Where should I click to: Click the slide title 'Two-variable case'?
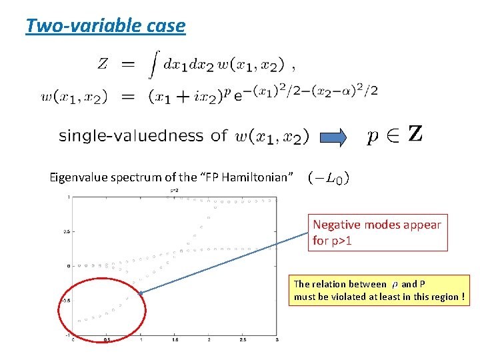point(105,26)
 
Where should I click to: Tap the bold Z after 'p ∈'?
point(414,135)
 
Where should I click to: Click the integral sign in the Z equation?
point(153,65)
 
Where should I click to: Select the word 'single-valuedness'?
point(131,136)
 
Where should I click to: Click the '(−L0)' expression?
point(329,178)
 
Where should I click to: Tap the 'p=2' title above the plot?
point(175,191)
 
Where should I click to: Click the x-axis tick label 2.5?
point(243,340)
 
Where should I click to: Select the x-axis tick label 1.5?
point(175,340)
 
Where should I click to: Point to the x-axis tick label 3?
point(277,340)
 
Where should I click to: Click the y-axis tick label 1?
point(68,197)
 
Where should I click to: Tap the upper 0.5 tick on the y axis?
point(66,231)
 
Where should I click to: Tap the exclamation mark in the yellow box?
point(463,297)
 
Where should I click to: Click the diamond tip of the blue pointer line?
point(141,293)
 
